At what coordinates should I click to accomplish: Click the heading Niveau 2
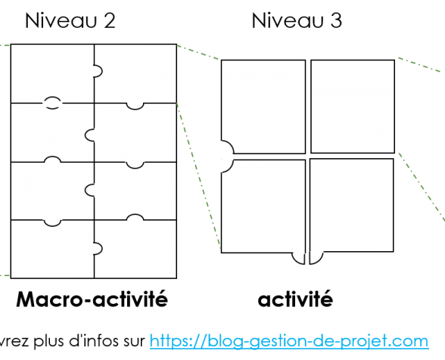point(70,20)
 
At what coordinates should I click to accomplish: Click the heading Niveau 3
point(297,20)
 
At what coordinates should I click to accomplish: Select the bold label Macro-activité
point(92,299)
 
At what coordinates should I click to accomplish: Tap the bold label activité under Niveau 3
point(295,299)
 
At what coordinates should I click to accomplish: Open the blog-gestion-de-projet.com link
point(289,340)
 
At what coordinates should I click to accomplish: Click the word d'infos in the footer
point(94,340)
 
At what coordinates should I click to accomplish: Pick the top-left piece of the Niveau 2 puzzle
point(52,74)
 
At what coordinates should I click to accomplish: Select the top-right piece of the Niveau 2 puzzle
point(135,74)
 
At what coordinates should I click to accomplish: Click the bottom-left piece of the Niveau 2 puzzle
point(52,250)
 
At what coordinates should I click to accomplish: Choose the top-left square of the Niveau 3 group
point(263,107)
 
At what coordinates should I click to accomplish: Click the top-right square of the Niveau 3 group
point(353,107)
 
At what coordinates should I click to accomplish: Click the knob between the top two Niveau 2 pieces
point(98,71)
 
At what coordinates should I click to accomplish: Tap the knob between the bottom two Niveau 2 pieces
point(98,249)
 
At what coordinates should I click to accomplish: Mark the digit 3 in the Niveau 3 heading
point(336,20)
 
